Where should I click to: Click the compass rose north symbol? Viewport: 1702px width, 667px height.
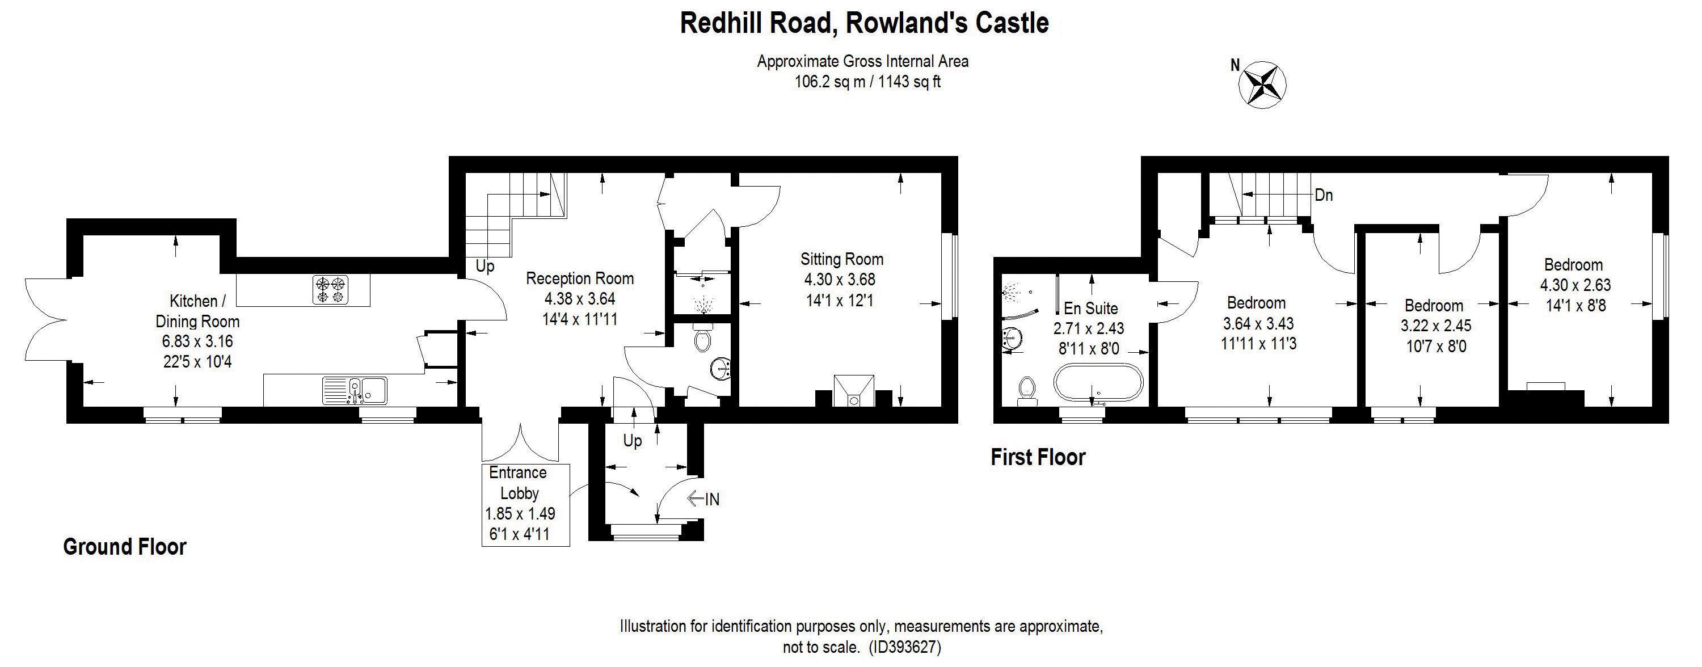[1265, 84]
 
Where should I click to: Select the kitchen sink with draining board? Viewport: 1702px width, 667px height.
[355, 390]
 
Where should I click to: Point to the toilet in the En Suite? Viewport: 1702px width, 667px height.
[1027, 390]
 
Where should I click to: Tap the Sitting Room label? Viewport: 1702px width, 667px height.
[841, 259]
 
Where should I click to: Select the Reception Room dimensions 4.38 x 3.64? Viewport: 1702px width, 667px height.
[579, 299]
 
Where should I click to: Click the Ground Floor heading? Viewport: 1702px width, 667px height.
[125, 547]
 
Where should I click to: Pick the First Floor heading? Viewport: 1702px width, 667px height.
[1037, 457]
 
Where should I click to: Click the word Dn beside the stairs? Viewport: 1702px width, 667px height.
[1324, 196]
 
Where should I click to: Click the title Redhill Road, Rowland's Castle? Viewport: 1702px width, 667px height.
[864, 23]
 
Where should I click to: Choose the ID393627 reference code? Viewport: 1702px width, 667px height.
[904, 647]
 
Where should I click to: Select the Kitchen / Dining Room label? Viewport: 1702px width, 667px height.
[197, 311]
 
